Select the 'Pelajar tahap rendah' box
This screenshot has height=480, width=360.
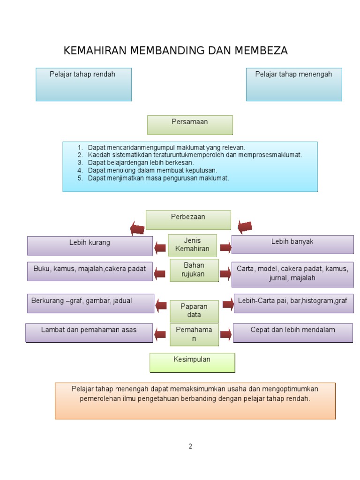point(83,84)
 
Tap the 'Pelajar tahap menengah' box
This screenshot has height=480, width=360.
point(294,84)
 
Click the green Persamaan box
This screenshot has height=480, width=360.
point(190,125)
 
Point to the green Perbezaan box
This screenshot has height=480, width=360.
point(188,220)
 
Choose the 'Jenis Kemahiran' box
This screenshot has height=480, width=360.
point(192,245)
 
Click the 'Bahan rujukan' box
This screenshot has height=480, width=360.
point(194,270)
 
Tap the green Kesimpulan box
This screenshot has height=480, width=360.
point(192,363)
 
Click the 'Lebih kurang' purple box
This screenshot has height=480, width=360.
point(90,246)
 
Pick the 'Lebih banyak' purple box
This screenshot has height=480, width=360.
point(292,244)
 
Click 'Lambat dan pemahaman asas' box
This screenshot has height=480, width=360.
point(89,333)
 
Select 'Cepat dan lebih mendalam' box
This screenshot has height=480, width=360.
point(293,333)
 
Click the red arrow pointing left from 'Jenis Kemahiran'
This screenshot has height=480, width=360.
point(160,247)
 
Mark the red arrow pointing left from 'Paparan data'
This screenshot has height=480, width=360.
point(161,306)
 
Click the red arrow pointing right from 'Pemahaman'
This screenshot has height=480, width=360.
point(225,334)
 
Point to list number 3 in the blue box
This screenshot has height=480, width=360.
point(80,163)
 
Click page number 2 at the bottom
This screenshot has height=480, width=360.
point(190,446)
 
